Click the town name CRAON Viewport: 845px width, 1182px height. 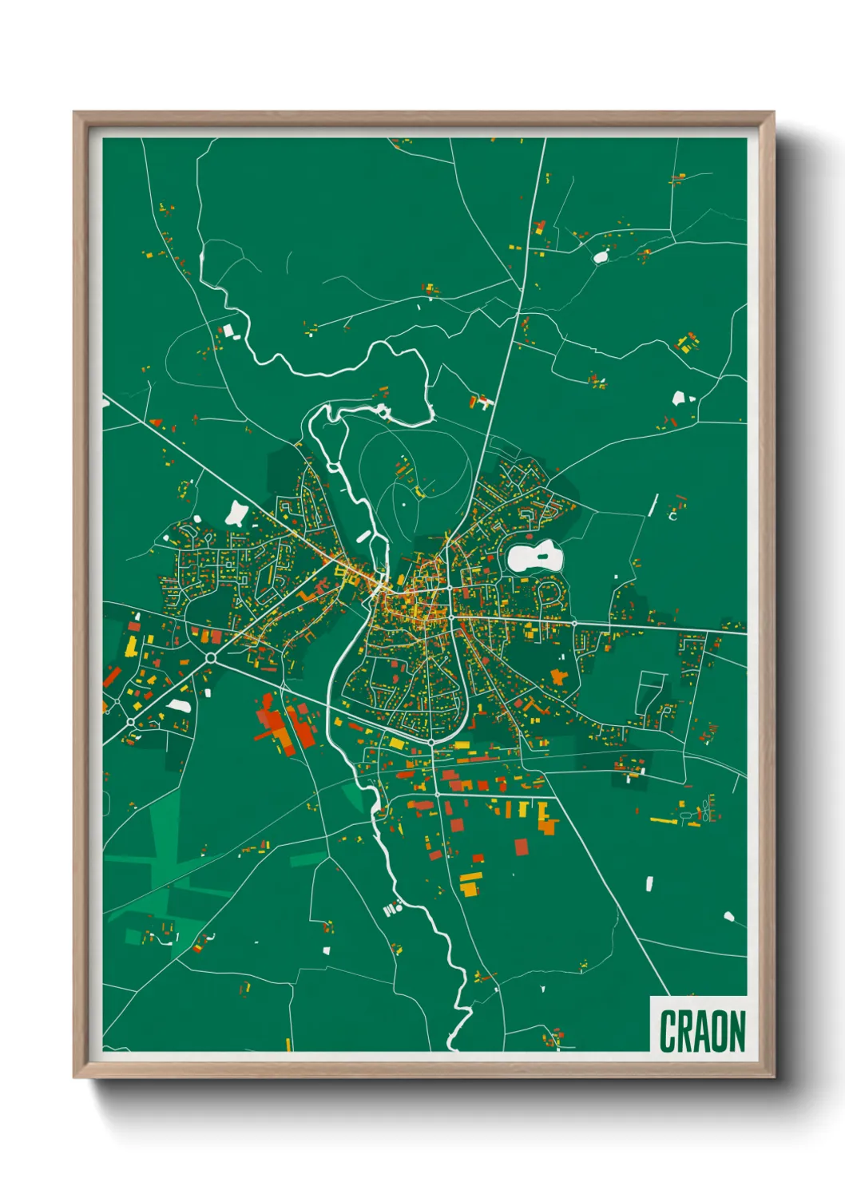point(702,1031)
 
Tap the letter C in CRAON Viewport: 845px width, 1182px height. point(668,1031)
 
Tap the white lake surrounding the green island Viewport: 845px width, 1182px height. point(524,559)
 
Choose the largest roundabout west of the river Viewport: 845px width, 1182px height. point(211,658)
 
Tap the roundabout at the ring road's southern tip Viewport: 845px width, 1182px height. point(431,743)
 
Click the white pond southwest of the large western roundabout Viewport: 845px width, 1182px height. point(179,706)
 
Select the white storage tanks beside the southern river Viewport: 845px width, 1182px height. point(391,908)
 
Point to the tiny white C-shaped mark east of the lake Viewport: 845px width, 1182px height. point(672,516)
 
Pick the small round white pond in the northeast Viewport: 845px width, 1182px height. point(600,256)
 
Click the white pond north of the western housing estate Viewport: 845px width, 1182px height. point(236,513)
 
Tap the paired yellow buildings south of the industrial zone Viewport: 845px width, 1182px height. point(470,883)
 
